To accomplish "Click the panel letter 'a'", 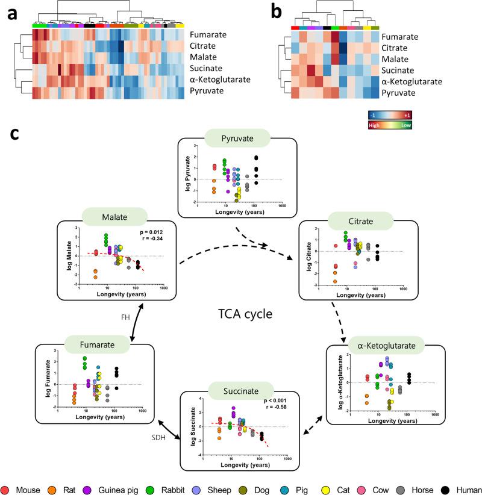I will point(13,14).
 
